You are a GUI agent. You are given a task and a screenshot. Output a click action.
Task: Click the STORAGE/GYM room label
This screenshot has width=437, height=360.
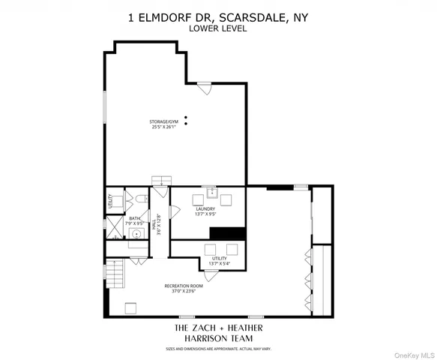(163, 120)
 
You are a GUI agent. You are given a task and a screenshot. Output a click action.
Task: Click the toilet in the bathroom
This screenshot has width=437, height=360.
(140, 199)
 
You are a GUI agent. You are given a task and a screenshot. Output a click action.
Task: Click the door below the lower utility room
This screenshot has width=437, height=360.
(211, 275)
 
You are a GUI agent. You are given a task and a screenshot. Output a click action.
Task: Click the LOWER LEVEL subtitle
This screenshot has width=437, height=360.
(218, 30)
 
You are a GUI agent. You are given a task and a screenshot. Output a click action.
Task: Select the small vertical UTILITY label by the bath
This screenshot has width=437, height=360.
(111, 200)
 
